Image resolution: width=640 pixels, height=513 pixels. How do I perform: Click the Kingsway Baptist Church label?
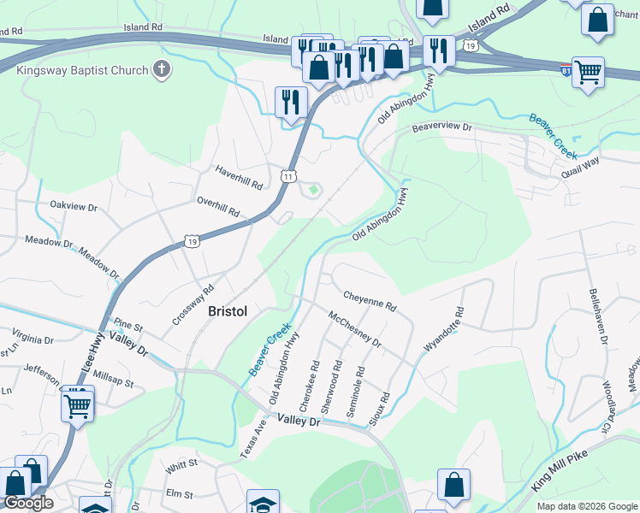coord(81,69)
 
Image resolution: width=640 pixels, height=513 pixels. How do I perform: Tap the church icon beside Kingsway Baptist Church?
coord(161,69)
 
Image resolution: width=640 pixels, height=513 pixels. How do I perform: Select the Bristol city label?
coord(228,311)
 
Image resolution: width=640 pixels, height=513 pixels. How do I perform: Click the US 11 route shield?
coord(289,176)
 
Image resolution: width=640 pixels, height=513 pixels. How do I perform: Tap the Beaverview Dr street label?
coord(441,127)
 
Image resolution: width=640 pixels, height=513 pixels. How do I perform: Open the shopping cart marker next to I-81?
coord(588,73)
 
